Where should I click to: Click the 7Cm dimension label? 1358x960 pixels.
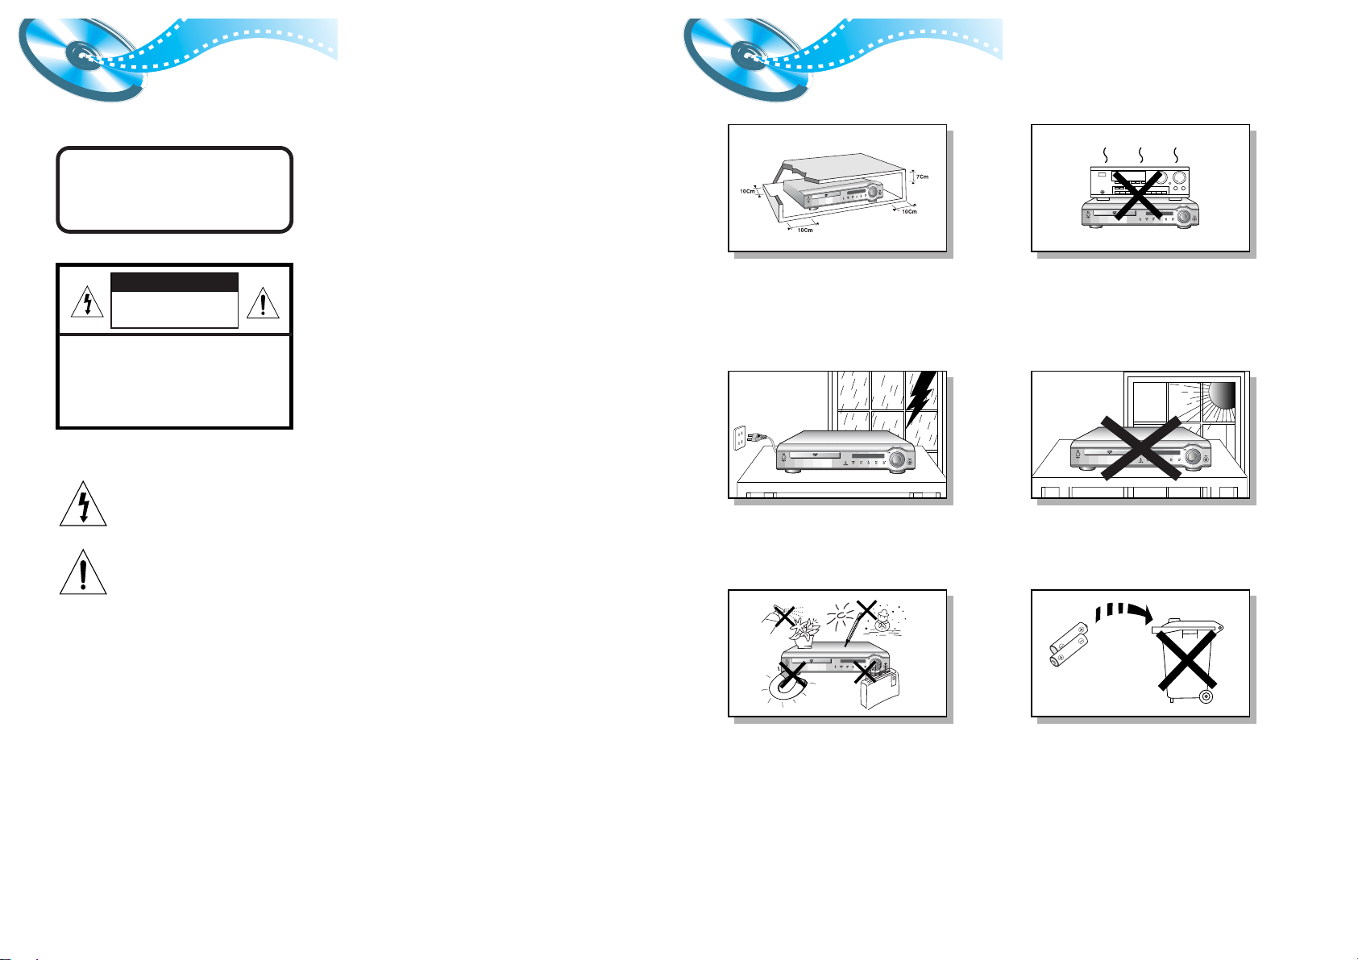point(922,177)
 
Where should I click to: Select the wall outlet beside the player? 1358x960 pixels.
point(740,438)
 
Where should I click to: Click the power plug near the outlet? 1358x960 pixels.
point(757,436)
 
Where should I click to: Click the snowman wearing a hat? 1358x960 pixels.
point(882,621)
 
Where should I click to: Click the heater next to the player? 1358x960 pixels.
point(879,689)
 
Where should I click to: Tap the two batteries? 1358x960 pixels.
point(1068,644)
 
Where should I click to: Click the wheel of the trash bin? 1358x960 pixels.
point(1206,696)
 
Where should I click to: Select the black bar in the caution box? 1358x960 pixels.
point(175,282)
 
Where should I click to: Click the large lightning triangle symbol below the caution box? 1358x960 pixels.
point(83,504)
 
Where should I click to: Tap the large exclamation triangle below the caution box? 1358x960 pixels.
point(83,572)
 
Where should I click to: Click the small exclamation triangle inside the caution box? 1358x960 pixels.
point(263,303)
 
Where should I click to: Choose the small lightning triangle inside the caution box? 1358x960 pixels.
point(87,302)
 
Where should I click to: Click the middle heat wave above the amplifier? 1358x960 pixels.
point(1140,155)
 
